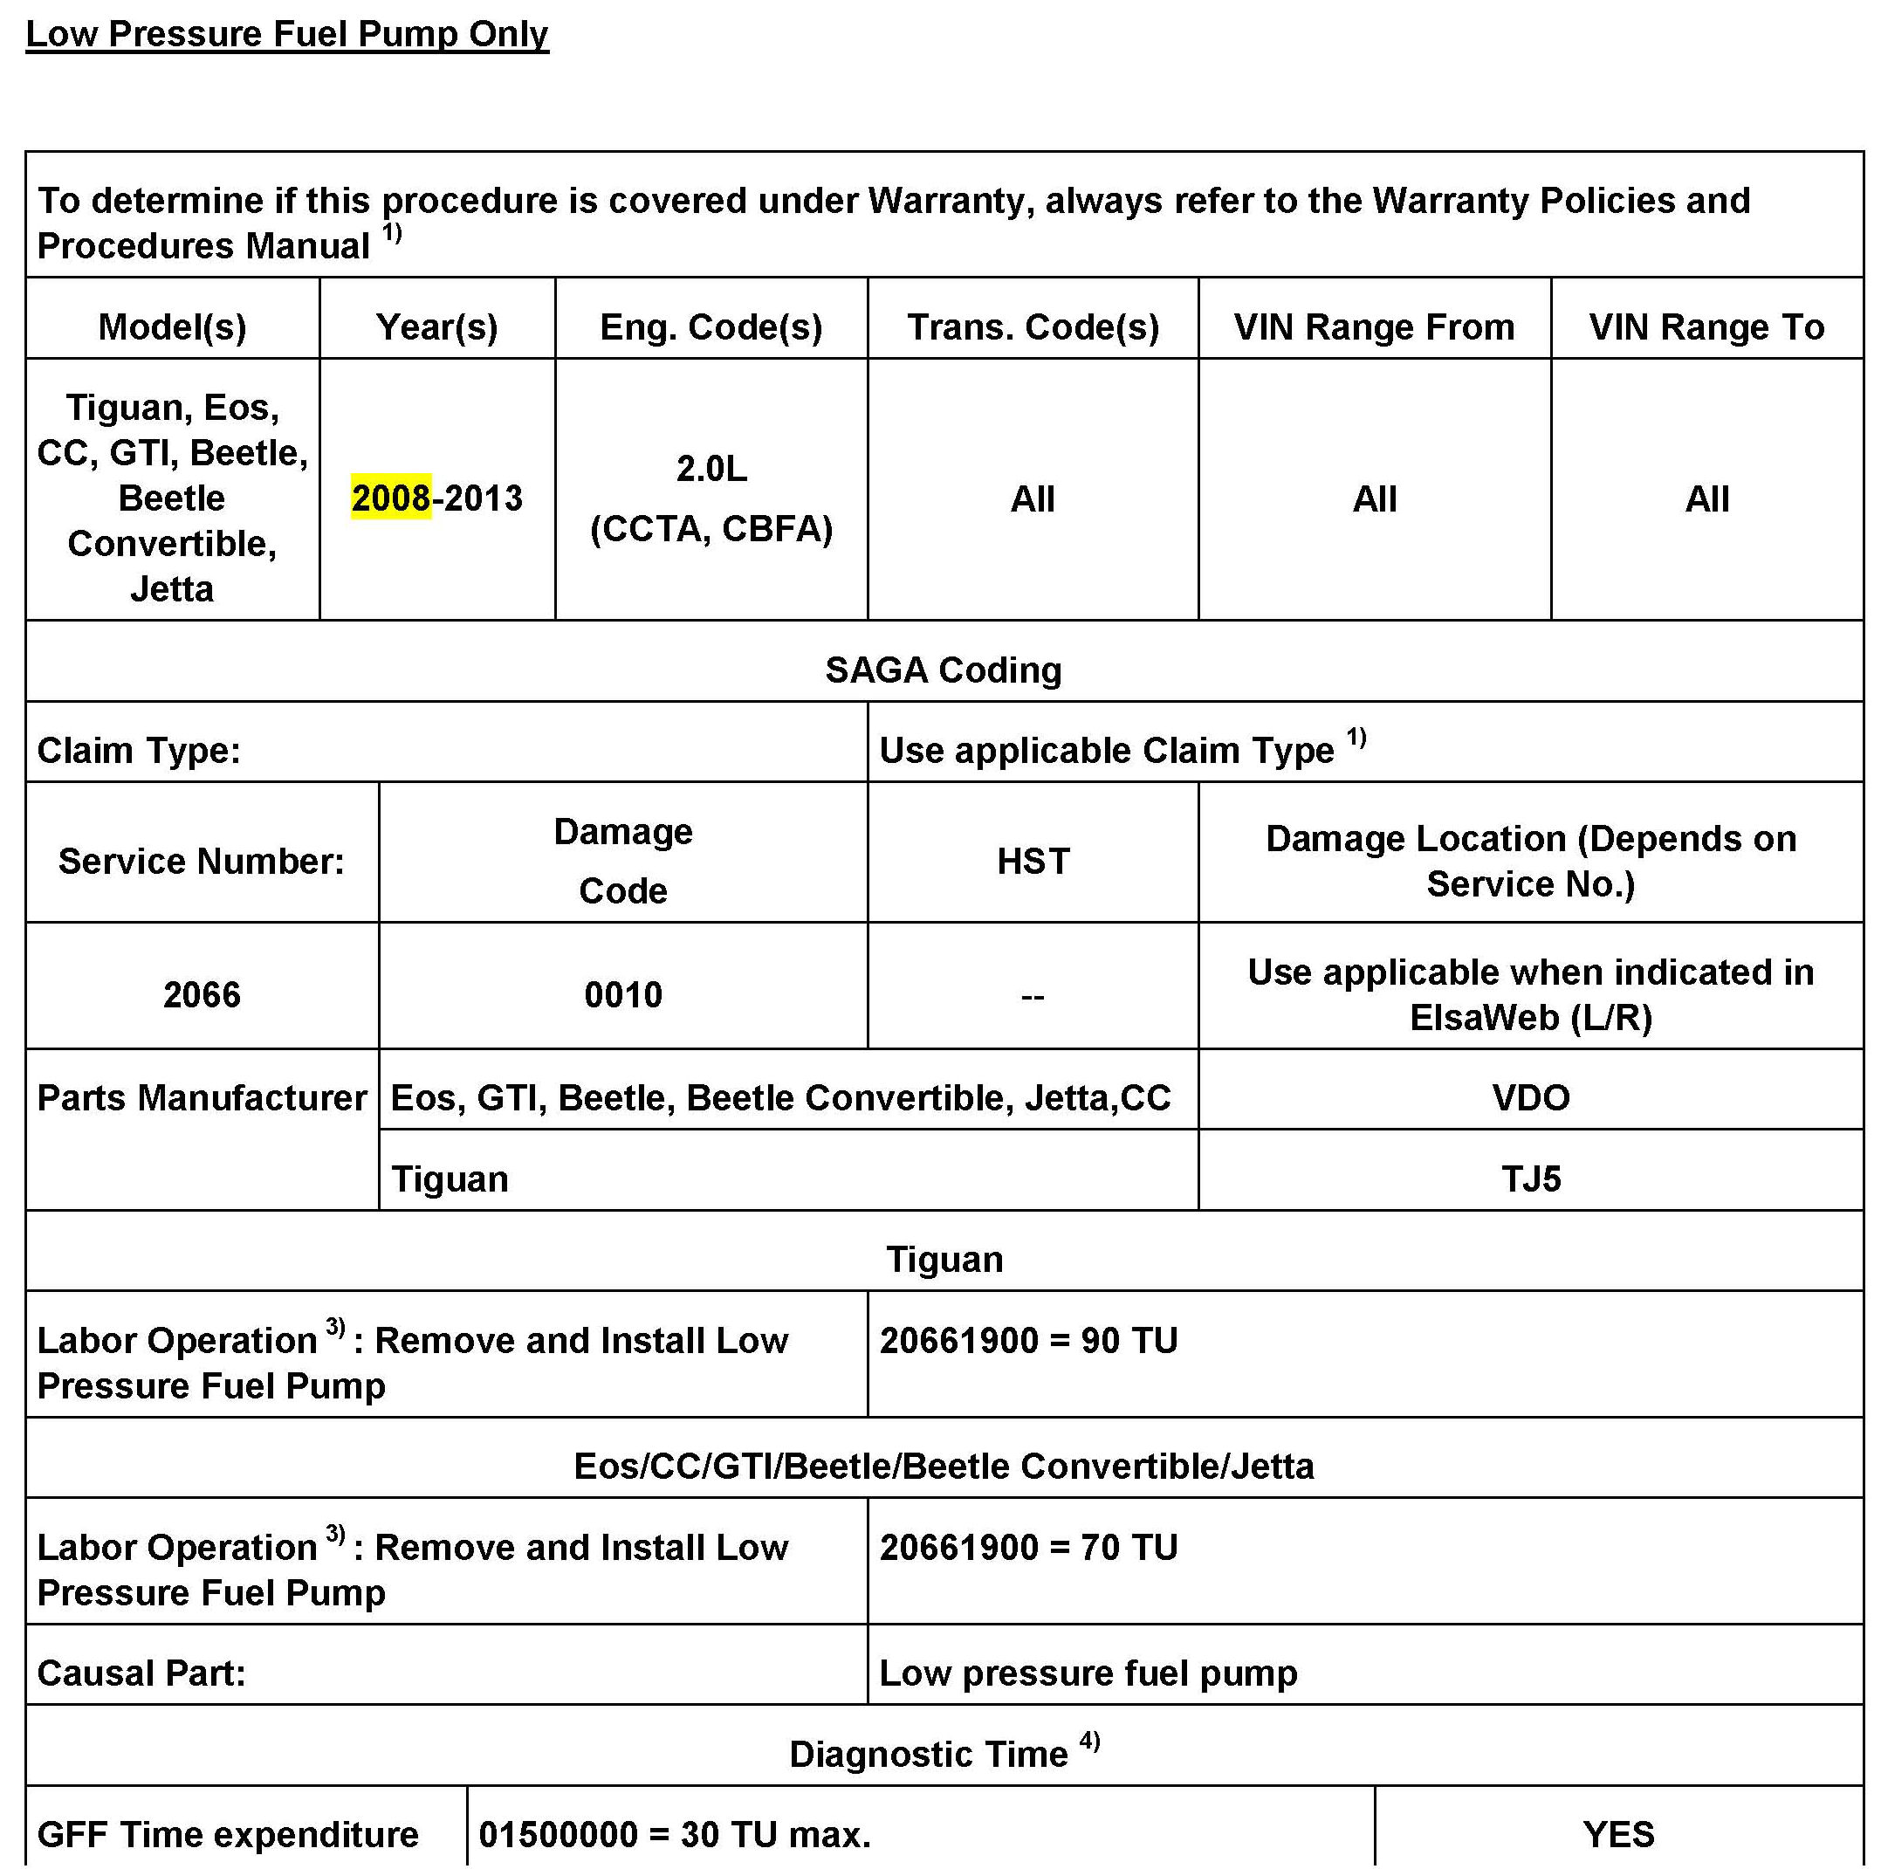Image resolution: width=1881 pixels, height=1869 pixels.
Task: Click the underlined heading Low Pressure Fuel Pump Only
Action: click(286, 34)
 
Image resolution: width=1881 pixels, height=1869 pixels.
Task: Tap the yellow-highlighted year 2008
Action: click(390, 498)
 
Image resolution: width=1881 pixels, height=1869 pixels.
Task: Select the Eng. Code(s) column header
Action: click(711, 327)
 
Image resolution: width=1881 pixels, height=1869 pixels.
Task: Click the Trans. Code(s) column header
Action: click(1033, 327)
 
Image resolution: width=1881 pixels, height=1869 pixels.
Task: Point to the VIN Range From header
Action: click(1374, 327)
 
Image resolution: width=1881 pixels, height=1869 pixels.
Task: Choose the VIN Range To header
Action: click(1706, 327)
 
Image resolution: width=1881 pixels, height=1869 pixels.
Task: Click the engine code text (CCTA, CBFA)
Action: click(711, 529)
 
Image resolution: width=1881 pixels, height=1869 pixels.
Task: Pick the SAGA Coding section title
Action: click(944, 670)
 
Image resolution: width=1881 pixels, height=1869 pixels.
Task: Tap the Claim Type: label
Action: click(138, 751)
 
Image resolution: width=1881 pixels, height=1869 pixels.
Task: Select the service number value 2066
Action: click(202, 994)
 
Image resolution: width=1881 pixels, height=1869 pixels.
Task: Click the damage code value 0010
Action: click(623, 994)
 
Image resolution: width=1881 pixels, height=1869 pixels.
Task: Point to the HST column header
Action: click(1033, 861)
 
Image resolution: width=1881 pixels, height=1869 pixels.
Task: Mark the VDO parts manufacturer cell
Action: click(1530, 1097)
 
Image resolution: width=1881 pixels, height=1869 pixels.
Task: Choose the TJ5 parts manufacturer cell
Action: click(1530, 1178)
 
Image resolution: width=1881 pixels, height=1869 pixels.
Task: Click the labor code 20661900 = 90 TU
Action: click(1028, 1340)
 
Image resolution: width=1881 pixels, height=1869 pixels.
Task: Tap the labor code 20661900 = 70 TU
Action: click(1028, 1547)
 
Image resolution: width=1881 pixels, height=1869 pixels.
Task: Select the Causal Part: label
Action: click(141, 1673)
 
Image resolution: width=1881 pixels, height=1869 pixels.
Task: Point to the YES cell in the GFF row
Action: click(1618, 1835)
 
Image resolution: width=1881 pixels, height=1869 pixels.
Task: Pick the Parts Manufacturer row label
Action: click(202, 1097)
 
